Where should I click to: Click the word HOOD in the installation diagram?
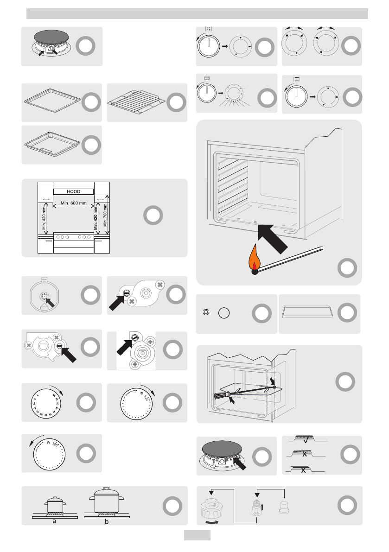pos(74,191)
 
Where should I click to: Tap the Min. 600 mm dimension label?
pos(74,203)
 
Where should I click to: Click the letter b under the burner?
pos(107,521)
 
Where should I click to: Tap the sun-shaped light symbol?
pos(206,313)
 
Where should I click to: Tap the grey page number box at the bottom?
pos(197,535)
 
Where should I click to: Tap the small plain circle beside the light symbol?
pos(224,313)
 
